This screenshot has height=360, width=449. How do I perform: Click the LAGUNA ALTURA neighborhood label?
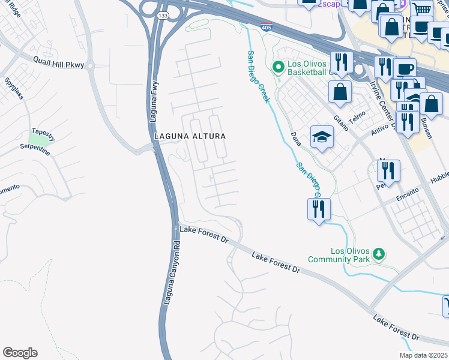[190, 136]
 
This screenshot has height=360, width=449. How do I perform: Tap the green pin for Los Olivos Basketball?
[277, 67]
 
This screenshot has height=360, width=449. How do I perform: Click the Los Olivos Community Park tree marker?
[378, 253]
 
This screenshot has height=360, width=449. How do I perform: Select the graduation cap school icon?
[322, 137]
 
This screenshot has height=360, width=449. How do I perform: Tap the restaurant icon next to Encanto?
[388, 171]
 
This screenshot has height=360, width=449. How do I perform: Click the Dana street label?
[295, 142]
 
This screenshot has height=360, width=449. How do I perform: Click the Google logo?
[20, 353]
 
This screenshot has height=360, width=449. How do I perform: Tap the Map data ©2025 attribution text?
[423, 355]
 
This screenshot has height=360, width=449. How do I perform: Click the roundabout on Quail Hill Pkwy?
[90, 65]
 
